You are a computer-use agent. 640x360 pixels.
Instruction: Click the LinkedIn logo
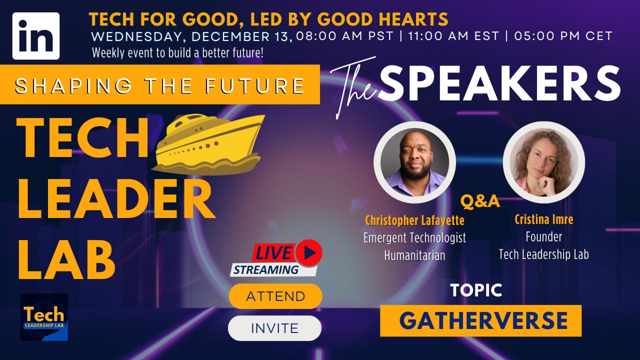[36, 36]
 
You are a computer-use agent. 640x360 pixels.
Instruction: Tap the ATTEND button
[275, 296]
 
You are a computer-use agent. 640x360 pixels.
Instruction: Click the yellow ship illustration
[208, 144]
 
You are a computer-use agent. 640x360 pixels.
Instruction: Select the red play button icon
[309, 253]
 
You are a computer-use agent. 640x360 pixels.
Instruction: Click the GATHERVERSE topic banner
[480, 320]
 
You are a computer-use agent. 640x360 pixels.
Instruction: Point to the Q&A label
[480, 201]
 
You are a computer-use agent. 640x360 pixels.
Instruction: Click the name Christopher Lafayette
[414, 220]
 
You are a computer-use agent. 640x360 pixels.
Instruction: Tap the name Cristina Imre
[543, 219]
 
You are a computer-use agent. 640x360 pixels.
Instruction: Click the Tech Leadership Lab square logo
[44, 317]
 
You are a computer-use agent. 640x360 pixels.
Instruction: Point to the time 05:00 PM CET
[563, 36]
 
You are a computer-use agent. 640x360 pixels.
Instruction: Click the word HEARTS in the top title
[413, 19]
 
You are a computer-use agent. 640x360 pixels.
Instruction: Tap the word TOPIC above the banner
[476, 290]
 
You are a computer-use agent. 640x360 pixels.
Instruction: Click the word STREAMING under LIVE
[266, 270]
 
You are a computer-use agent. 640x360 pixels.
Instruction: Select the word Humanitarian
[414, 255]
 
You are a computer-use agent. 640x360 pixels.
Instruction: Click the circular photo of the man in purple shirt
[414, 162]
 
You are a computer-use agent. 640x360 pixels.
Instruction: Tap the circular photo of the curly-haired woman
[543, 162]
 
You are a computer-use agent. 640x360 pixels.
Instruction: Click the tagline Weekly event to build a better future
[177, 53]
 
